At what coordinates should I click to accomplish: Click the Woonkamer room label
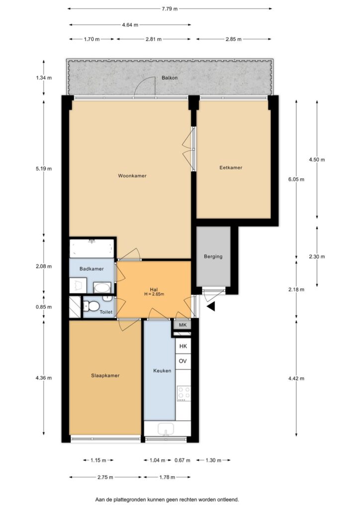pos(132,175)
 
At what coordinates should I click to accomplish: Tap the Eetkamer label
pos(231,168)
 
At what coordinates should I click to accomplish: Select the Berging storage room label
pos(213,256)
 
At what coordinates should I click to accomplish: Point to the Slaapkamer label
pos(105,376)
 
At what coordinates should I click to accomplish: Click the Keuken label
pos(162,370)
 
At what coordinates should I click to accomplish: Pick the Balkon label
pos(170,78)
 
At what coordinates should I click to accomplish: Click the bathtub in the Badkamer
pos(92,249)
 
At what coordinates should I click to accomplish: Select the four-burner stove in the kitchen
pos(184,393)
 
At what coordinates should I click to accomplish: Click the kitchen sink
pos(166,429)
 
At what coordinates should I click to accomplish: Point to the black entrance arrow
pos(211,306)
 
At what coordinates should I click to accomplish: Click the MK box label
pos(183,325)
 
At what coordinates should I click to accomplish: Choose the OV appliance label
pos(183,361)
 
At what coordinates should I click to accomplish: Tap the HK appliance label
pos(183,346)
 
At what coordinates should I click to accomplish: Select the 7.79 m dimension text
pos(170,9)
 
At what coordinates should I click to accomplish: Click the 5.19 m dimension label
pos(44,169)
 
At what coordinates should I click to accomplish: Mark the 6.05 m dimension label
pos(296,179)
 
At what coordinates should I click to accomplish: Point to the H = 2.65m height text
pos(154,294)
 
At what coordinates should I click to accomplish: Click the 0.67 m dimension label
pos(182,460)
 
